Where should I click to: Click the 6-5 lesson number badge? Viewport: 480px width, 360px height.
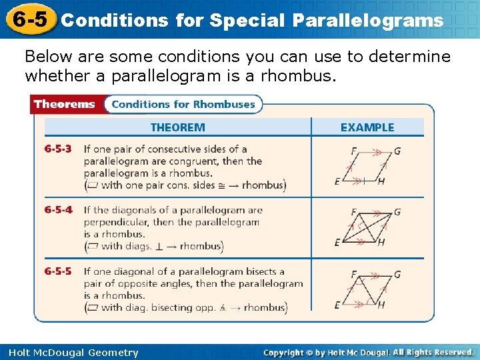pyautogui.click(x=29, y=19)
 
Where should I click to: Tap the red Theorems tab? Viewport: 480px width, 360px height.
pyautogui.click(x=65, y=104)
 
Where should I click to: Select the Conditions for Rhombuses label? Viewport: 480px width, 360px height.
pyautogui.click(x=183, y=104)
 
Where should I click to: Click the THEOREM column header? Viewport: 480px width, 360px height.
pyautogui.click(x=177, y=127)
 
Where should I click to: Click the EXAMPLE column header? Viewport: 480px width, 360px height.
pyautogui.click(x=367, y=127)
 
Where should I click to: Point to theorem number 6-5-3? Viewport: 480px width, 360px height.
pyautogui.click(x=59, y=149)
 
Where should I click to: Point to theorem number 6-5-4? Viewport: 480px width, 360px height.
pyautogui.click(x=59, y=211)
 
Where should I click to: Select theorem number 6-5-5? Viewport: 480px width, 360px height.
pyautogui.click(x=59, y=272)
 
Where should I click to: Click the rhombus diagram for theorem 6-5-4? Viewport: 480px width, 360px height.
pyautogui.click(x=367, y=227)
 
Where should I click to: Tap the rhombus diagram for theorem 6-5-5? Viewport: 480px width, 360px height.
pyautogui.click(x=367, y=289)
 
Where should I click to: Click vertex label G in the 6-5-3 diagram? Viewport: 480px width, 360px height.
pyautogui.click(x=397, y=151)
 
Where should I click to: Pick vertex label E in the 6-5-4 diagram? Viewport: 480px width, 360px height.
pyautogui.click(x=337, y=243)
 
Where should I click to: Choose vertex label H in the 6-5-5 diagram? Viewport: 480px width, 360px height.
pyautogui.click(x=381, y=305)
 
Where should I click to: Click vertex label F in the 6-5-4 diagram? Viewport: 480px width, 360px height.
pyautogui.click(x=353, y=213)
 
